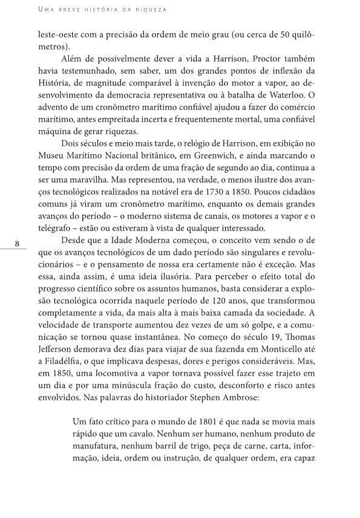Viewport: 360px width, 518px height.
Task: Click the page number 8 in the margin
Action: (18, 243)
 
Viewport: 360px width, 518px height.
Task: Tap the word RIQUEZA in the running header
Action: (152, 10)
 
